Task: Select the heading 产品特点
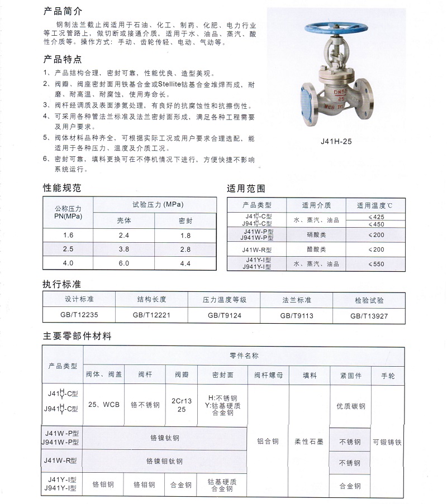(x=62, y=59)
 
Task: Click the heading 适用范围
(x=245, y=188)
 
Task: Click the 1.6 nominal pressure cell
(x=68, y=235)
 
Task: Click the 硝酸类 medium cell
(x=317, y=235)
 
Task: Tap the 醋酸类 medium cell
(x=317, y=249)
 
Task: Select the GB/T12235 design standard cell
(x=79, y=315)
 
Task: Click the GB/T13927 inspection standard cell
(x=369, y=315)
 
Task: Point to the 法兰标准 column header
(x=297, y=300)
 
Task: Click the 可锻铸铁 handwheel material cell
(x=387, y=442)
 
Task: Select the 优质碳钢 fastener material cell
(x=350, y=406)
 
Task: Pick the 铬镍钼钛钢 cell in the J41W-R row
(x=164, y=462)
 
